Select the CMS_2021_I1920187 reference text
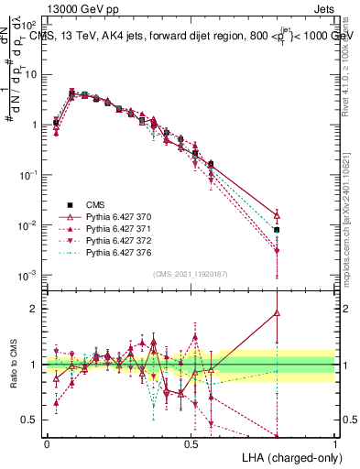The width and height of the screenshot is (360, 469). (191, 274)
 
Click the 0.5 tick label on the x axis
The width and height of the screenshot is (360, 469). (191, 443)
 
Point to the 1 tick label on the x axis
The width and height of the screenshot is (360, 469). (334, 443)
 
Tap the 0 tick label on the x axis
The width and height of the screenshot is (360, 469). (47, 443)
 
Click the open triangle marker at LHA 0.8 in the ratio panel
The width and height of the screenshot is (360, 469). (277, 312)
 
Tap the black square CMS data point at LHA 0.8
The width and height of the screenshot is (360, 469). (277, 230)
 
